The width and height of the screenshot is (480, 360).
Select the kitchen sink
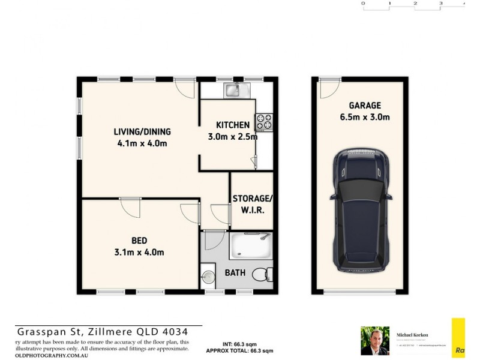232,91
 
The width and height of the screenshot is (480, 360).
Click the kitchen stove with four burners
264,122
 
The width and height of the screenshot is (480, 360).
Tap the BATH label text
235,273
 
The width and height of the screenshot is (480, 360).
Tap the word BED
140,241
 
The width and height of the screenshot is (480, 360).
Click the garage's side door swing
328,89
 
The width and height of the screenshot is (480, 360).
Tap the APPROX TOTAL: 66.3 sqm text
240,350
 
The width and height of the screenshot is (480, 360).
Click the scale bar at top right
414,5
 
